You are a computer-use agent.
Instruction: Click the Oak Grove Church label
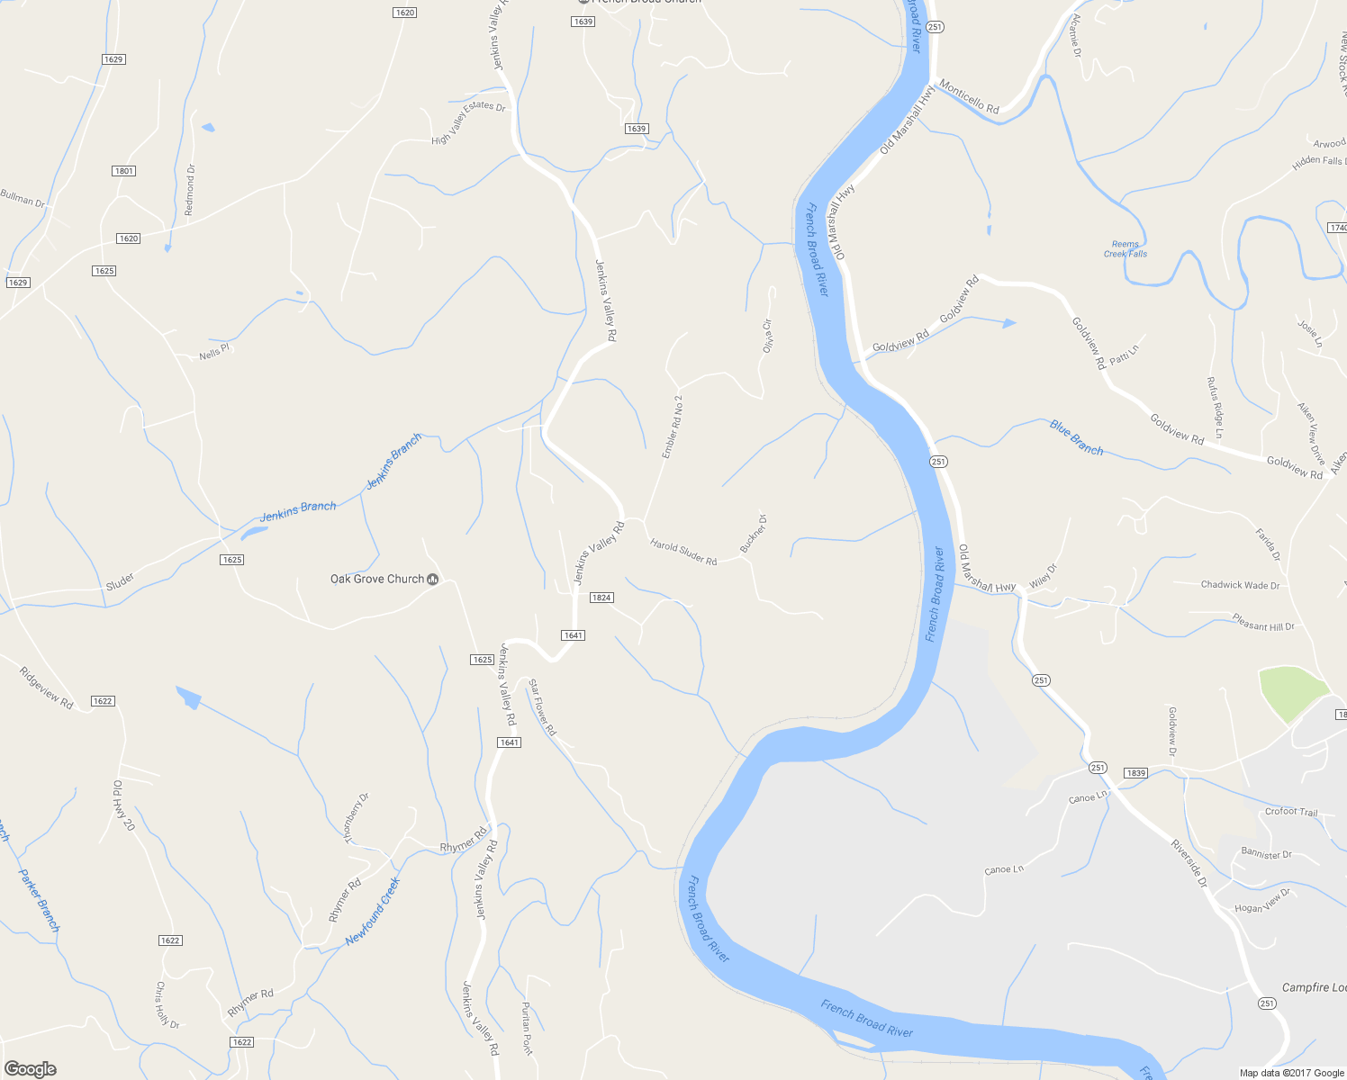[x=376, y=579]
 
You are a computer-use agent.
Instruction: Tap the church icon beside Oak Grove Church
[x=433, y=579]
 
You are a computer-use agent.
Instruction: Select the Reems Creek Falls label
[x=1126, y=249]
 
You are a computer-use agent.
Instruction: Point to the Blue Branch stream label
[x=1076, y=437]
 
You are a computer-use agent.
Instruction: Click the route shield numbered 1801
[x=124, y=171]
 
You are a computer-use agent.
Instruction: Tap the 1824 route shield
[x=601, y=598]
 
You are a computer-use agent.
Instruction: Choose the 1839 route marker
[x=1135, y=773]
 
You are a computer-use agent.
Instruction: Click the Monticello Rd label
[x=969, y=97]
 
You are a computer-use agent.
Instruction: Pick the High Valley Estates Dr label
[x=468, y=122]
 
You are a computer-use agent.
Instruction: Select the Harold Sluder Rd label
[x=683, y=553]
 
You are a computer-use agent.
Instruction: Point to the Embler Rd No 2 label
[x=673, y=427]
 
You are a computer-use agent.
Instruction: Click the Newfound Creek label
[x=372, y=912]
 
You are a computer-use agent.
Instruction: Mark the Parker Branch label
[x=40, y=900]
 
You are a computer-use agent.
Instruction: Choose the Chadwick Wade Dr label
[x=1240, y=585]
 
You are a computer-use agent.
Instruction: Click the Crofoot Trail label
[x=1290, y=812]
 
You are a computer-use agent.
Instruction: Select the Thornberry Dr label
[x=357, y=817]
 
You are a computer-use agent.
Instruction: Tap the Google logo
[x=30, y=1068]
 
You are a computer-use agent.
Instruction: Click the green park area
[x=1292, y=692]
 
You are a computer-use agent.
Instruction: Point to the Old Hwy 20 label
[x=123, y=805]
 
